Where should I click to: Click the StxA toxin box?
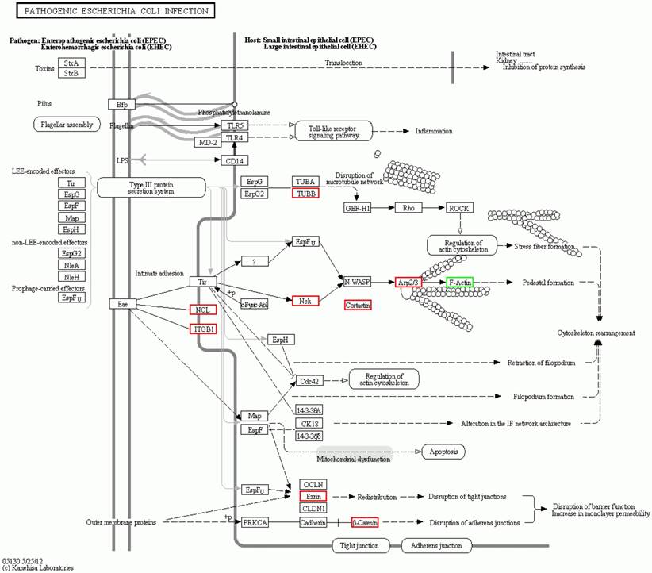(71, 62)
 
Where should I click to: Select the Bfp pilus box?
(121, 104)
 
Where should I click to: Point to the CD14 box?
(233, 160)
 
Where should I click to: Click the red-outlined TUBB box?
(305, 193)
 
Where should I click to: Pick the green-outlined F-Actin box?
(459, 282)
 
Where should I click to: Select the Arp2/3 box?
(408, 282)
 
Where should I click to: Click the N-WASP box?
(358, 282)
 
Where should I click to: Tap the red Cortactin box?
(358, 305)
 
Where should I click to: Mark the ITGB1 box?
(202, 329)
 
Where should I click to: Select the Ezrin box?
(313, 496)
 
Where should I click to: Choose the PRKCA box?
(255, 522)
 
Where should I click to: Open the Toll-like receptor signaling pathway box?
(333, 131)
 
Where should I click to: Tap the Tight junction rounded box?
(361, 545)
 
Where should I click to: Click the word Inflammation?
(434, 131)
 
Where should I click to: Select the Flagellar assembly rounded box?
(67, 125)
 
